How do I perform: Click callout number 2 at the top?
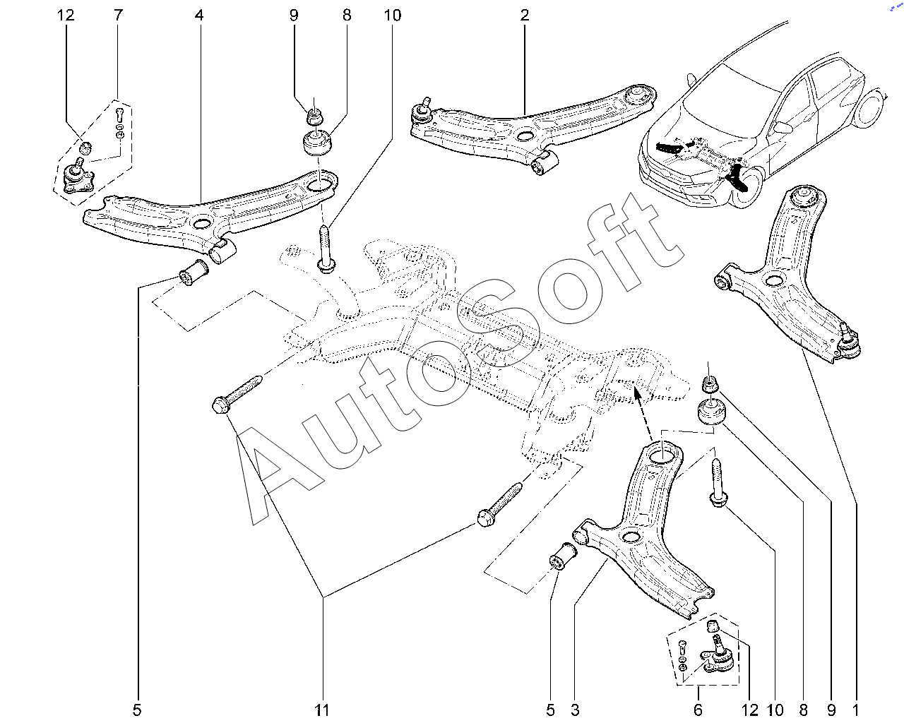point(525,16)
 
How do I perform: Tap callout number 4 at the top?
point(199,16)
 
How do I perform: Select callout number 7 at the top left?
point(118,16)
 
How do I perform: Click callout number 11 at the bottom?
point(322,710)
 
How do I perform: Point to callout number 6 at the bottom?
point(698,710)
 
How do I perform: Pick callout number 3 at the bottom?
point(575,710)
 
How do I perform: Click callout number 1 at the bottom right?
point(856,710)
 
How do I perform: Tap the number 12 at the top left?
point(66,16)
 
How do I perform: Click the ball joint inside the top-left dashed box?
point(78,176)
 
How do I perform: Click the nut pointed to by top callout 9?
point(314,116)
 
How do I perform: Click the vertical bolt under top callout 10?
point(326,249)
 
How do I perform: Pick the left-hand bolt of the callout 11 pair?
point(237,394)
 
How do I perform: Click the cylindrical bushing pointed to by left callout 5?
point(194,273)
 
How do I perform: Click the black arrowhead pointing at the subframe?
point(637,393)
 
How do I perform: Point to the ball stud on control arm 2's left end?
point(422,109)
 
